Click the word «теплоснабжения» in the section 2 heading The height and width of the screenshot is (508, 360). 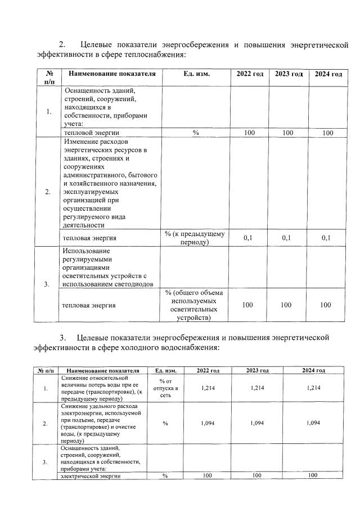(x=150, y=55)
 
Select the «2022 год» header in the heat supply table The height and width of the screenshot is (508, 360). (x=249, y=74)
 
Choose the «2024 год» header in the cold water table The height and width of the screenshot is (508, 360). (x=313, y=370)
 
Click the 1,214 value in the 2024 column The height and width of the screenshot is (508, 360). (x=313, y=388)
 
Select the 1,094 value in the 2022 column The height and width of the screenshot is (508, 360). (x=208, y=423)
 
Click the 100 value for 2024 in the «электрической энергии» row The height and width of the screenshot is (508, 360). (x=313, y=476)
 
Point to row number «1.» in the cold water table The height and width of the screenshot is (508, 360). (x=45, y=388)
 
